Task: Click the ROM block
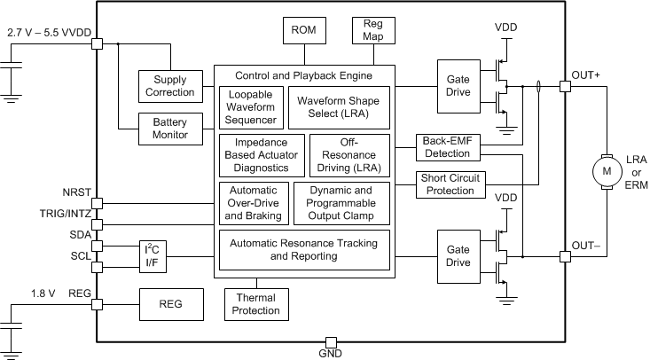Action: point(303,31)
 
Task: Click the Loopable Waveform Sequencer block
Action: point(252,106)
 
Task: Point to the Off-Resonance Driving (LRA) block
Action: point(348,154)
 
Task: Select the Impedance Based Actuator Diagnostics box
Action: point(262,154)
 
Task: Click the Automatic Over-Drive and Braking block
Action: point(253,202)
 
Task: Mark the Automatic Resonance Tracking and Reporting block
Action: point(303,249)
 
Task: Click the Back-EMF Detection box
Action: point(448,147)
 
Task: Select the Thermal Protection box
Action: point(255,304)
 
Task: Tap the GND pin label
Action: point(329,354)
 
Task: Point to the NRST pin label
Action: point(78,191)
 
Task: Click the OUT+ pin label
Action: point(585,75)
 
